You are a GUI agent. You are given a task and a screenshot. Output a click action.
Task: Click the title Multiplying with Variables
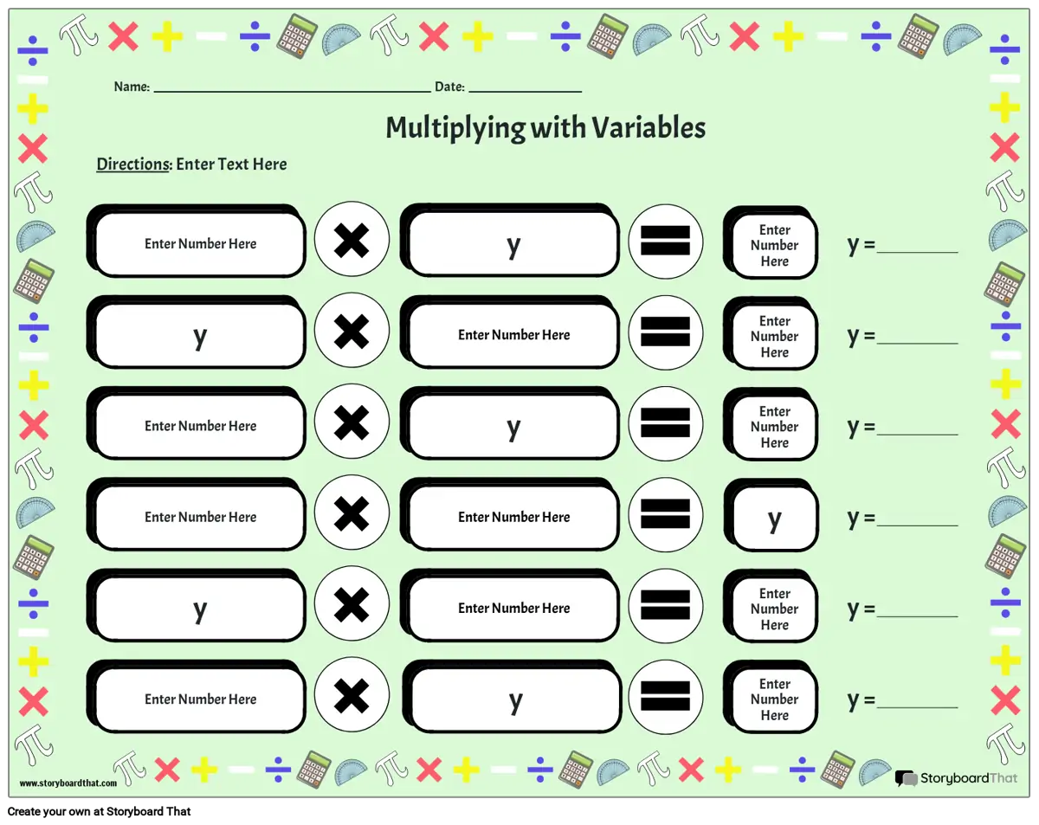point(545,128)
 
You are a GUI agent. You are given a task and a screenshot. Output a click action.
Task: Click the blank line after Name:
point(292,89)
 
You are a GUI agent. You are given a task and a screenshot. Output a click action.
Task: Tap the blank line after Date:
point(525,89)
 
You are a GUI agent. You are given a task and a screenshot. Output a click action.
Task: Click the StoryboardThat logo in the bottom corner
point(957,778)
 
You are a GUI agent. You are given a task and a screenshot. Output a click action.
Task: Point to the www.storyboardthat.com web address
point(68,783)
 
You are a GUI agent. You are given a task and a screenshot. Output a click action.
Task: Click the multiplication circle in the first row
point(352,241)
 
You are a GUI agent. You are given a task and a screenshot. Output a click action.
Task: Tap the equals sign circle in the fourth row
point(665,514)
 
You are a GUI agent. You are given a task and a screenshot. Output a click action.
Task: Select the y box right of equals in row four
point(775,519)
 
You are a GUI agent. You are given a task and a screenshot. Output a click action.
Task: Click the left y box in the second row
point(200,336)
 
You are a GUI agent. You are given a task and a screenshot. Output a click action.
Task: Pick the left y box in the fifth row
point(200,609)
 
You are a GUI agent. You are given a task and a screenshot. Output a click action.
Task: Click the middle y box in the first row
point(513,244)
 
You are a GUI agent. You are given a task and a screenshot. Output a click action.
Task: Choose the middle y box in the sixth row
point(515,699)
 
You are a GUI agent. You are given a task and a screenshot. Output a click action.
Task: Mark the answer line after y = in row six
point(917,705)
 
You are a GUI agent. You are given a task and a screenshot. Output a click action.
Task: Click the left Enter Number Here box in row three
point(200,427)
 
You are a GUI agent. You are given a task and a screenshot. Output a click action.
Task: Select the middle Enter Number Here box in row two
point(513,336)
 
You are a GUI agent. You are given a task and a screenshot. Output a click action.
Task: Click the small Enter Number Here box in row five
point(775,609)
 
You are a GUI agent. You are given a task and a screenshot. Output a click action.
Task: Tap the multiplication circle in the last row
point(352,696)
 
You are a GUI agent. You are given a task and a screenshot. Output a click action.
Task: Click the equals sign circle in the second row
point(665,332)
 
